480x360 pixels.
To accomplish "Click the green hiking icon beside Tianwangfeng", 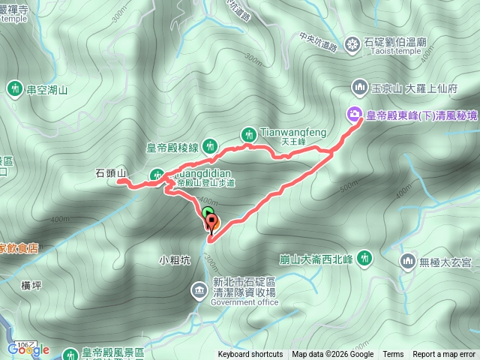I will point(248,134).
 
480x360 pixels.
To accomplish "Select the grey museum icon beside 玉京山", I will point(357,88).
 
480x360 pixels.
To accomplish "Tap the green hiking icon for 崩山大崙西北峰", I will point(364,257).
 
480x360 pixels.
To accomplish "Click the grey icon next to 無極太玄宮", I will point(408,261).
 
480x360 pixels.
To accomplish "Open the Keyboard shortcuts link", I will point(250,355).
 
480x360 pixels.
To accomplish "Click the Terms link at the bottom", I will point(393,355).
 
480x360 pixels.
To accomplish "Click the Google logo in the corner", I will point(28,349).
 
